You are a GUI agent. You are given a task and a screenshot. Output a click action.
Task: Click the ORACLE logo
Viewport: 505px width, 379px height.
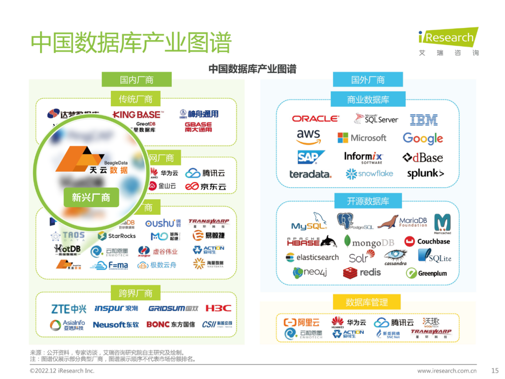click(x=315, y=119)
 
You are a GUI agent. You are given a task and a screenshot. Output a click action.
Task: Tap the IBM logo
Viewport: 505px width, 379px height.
click(x=424, y=119)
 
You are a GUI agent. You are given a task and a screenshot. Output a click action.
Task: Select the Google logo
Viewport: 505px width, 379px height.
click(x=423, y=138)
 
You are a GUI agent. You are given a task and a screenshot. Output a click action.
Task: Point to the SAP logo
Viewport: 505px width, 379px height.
click(x=310, y=157)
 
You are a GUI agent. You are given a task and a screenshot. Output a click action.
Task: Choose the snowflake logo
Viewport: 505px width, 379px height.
click(x=369, y=174)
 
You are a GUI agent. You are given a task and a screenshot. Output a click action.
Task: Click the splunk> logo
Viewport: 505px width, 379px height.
click(x=425, y=174)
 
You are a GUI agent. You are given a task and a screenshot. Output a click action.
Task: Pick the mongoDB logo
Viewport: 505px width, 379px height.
click(x=369, y=242)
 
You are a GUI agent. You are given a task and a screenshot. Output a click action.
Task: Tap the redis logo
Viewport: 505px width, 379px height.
click(x=362, y=272)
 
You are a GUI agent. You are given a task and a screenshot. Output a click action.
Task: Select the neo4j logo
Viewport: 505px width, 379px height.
click(x=310, y=272)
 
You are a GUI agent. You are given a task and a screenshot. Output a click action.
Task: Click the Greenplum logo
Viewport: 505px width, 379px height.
click(x=426, y=273)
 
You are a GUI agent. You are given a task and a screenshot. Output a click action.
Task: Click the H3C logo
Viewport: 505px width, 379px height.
click(x=218, y=308)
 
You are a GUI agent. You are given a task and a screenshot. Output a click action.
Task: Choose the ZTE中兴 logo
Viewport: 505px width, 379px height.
click(x=69, y=309)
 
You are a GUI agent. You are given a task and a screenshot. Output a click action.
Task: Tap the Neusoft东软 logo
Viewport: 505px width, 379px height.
click(x=115, y=324)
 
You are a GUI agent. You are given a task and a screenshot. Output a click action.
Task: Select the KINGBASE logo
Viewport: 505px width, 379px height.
click(x=138, y=115)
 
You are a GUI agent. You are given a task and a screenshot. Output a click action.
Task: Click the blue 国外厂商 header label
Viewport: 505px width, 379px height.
click(x=368, y=80)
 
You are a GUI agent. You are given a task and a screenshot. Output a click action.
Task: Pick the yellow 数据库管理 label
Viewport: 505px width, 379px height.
click(x=367, y=302)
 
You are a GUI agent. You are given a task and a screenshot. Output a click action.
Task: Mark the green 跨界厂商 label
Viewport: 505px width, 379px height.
click(x=136, y=293)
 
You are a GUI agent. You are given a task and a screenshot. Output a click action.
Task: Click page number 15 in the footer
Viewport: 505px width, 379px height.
click(x=495, y=371)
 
